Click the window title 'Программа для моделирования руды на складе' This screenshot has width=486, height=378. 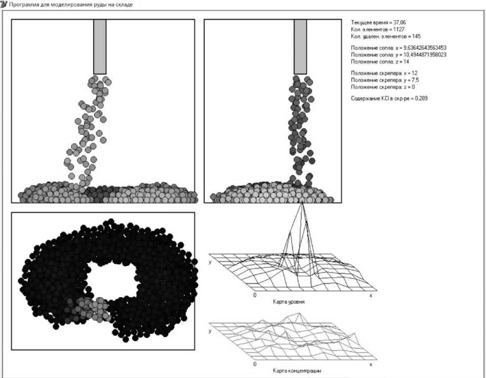pyautogui.click(x=71, y=5)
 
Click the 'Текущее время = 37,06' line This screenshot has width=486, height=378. pyautogui.click(x=378, y=23)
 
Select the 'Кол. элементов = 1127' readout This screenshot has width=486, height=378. pyautogui.click(x=377, y=29)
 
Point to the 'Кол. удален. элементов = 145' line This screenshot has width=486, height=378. pyautogui.click(x=385, y=36)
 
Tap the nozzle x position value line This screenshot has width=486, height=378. pyautogui.click(x=399, y=48)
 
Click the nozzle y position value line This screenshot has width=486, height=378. pyautogui.click(x=399, y=54)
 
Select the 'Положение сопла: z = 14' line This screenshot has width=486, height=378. pyautogui.click(x=380, y=61)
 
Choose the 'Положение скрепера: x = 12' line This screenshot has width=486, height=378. pyautogui.click(x=384, y=73)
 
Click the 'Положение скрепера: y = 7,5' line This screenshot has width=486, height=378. pyautogui.click(x=384, y=80)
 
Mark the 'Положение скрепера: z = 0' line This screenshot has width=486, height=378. pyautogui.click(x=383, y=87)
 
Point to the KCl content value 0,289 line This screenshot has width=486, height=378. pyautogui.click(x=389, y=98)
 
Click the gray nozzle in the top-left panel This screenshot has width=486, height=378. pyautogui.click(x=100, y=47)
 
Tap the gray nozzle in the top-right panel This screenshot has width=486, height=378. pyautogui.click(x=300, y=47)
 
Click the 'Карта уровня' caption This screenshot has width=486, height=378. pyautogui.click(x=288, y=302)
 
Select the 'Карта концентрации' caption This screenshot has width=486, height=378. pyautogui.click(x=297, y=371)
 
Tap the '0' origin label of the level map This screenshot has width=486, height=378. pyautogui.click(x=255, y=295)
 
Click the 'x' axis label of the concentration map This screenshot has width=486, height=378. pyautogui.click(x=371, y=364)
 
